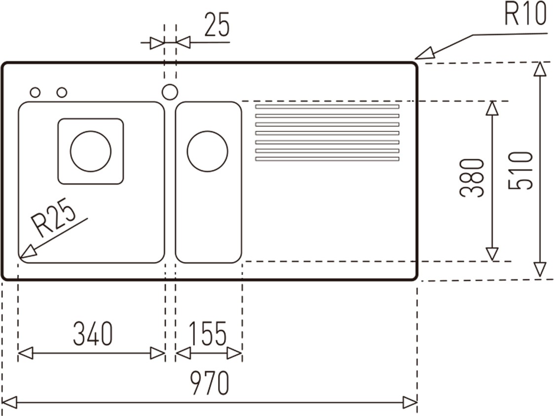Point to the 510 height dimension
pyautogui.click(x=521, y=170)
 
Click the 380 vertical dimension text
pyautogui.click(x=472, y=178)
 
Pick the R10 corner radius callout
pyautogui.click(x=525, y=15)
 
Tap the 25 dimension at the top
pyautogui.click(x=217, y=26)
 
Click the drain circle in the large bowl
pyautogui.click(x=91, y=151)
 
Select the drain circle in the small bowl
pyautogui.click(x=207, y=151)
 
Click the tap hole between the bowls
pyautogui.click(x=170, y=92)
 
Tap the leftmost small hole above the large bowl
pyautogui.click(x=35, y=92)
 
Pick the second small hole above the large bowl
pyautogui.click(x=62, y=92)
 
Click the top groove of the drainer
pyautogui.click(x=327, y=107)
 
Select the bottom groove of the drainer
pyautogui.click(x=327, y=159)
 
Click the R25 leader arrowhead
pyautogui.click(x=27, y=253)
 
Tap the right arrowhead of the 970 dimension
pyautogui.click(x=410, y=402)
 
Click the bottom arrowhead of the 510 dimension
pyautogui.click(x=540, y=269)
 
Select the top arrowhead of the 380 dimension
pyautogui.click(x=492, y=108)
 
